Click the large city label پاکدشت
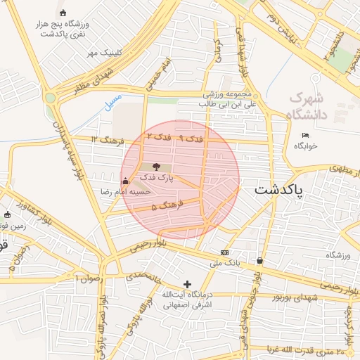tap(279, 190)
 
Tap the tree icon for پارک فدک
tap(155, 167)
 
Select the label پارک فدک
tap(156, 180)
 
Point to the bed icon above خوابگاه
tap(304, 135)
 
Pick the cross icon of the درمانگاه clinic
tap(187, 283)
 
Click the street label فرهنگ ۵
tap(167, 205)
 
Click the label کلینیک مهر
tap(105, 53)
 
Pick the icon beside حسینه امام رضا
tap(125, 181)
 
